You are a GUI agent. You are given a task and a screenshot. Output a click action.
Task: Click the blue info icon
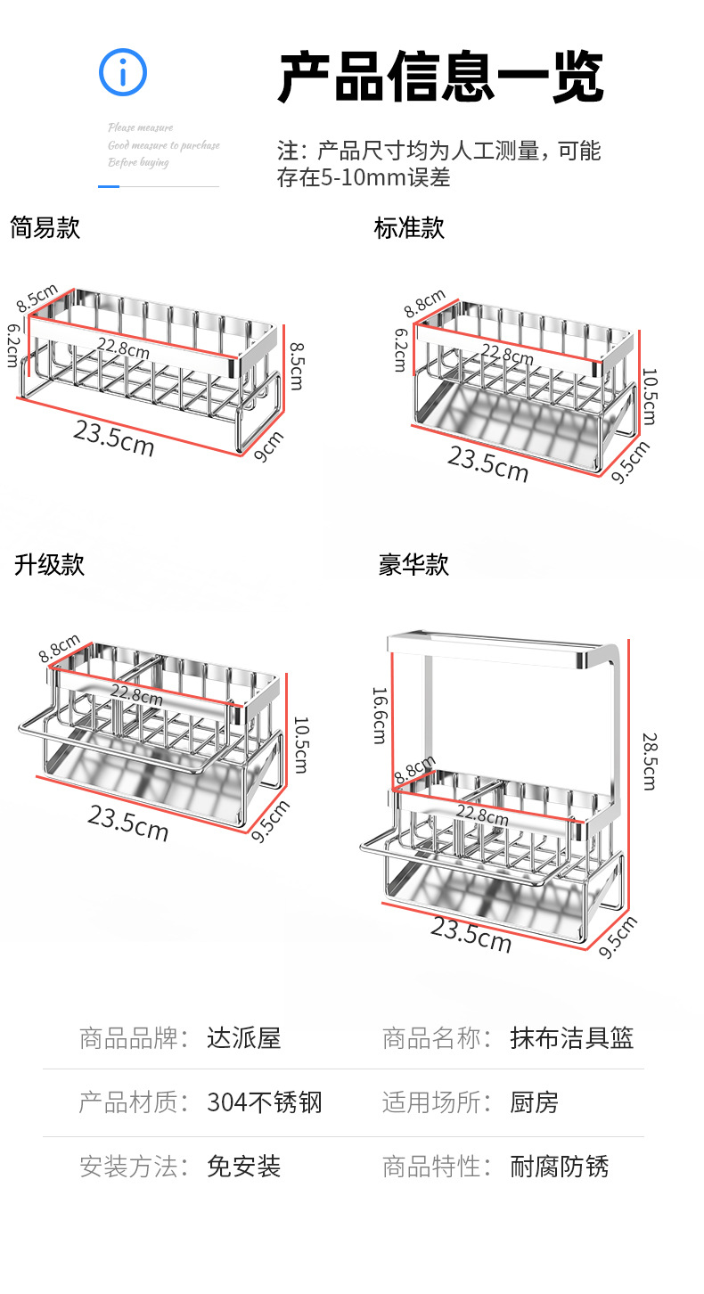pyautogui.click(x=123, y=72)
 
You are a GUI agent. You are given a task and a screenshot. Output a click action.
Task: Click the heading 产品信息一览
pyautogui.click(x=441, y=78)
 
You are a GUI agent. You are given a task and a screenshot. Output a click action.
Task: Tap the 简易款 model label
pyautogui.click(x=45, y=228)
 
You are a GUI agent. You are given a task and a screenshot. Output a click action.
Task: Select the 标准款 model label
pyautogui.click(x=409, y=228)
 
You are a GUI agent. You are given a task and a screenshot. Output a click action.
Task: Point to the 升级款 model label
pyautogui.click(x=49, y=565)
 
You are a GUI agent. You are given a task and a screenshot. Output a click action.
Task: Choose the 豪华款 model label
pyautogui.click(x=413, y=565)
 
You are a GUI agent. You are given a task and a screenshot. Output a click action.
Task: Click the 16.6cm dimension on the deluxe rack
pyautogui.click(x=380, y=715)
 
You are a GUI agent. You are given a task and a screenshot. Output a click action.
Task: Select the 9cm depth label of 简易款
pyautogui.click(x=268, y=446)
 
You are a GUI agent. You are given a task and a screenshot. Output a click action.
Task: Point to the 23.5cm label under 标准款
pyautogui.click(x=487, y=464)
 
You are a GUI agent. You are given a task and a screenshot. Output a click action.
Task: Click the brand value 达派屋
pyautogui.click(x=243, y=1038)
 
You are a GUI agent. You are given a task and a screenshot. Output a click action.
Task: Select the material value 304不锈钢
pyautogui.click(x=264, y=1103)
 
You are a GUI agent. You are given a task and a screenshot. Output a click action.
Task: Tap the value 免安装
pyautogui.click(x=243, y=1167)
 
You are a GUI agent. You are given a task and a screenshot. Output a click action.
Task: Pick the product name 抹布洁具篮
pyautogui.click(x=571, y=1038)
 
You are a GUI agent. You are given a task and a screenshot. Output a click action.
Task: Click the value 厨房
pyautogui.click(x=534, y=1103)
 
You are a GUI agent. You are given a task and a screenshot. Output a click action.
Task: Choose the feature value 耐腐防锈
pyautogui.click(x=559, y=1167)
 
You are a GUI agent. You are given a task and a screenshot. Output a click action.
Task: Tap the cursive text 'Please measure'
pyautogui.click(x=141, y=127)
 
